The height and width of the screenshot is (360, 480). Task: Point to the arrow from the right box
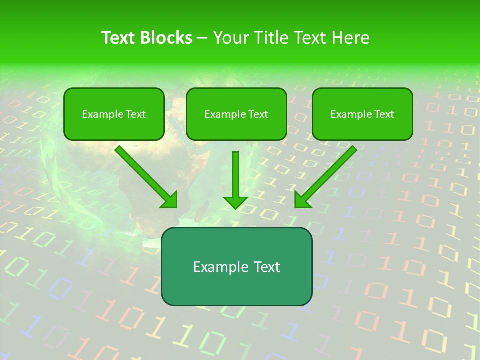[326, 177]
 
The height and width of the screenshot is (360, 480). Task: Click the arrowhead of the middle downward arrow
[235, 202]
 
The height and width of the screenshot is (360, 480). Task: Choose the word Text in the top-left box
[136, 114]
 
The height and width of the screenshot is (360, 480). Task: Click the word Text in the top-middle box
[258, 114]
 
